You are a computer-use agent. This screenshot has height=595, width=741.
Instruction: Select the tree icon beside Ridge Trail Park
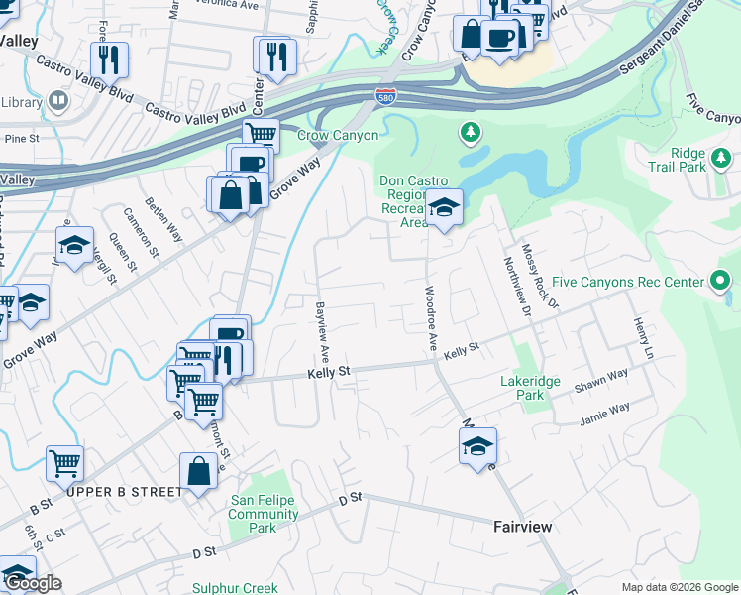click(x=721, y=157)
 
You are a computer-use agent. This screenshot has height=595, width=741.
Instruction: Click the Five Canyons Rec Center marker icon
click(x=721, y=282)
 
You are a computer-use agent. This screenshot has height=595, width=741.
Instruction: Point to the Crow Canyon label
click(x=338, y=135)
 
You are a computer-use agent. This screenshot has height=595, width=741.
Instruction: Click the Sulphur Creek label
click(x=235, y=588)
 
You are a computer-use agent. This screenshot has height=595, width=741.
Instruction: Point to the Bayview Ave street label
click(x=321, y=331)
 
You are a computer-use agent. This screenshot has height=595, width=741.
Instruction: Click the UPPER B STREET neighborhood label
click(x=125, y=491)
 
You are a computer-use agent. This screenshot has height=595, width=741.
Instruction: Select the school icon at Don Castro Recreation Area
click(x=444, y=206)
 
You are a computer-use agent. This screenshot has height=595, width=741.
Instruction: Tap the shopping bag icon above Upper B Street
click(x=198, y=470)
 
